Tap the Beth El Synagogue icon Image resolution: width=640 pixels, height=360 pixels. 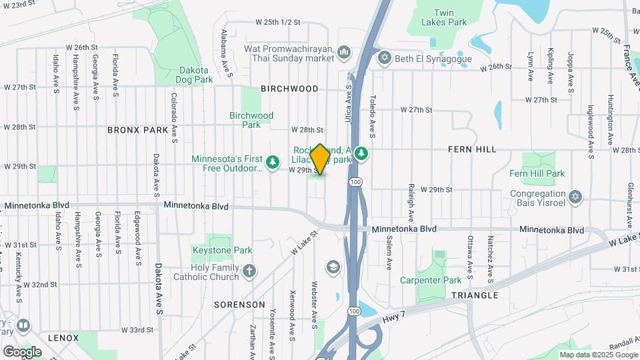[384, 59]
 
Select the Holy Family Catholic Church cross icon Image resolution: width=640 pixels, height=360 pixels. [249, 271]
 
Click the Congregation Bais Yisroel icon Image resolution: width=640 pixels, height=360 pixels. [575, 197]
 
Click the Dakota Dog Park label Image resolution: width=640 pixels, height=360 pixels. [194, 75]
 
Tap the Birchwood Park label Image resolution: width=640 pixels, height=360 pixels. [251, 120]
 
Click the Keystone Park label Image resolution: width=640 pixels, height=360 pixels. [222, 251]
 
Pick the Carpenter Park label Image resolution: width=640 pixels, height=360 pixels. [431, 280]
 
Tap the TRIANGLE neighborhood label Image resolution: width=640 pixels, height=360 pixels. [474, 295]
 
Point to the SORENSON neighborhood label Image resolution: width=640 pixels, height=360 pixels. [240, 304]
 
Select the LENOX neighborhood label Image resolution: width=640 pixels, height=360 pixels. [63, 338]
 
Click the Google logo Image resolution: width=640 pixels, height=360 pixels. [22, 351]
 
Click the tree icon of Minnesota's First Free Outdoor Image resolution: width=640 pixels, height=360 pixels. [272, 161]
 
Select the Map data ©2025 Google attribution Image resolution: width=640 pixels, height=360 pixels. [597, 355]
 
